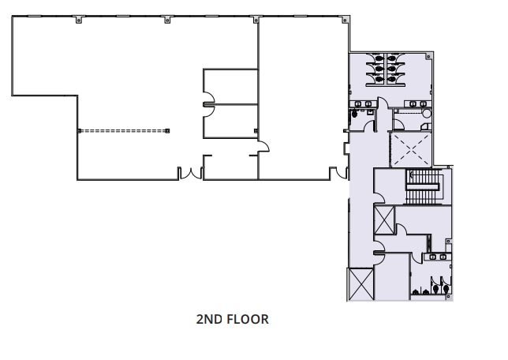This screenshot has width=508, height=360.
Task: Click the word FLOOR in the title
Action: (x=248, y=320)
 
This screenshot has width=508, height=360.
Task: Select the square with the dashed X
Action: (x=409, y=148)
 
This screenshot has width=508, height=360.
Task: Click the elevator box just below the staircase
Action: (x=384, y=217)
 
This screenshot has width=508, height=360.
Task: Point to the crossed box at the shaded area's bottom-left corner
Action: (x=360, y=284)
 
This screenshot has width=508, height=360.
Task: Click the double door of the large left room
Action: (x=189, y=174)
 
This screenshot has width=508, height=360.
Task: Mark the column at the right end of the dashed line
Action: (x=167, y=130)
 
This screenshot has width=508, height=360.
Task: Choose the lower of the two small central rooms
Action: (x=230, y=121)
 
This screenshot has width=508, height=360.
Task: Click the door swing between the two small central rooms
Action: (x=209, y=103)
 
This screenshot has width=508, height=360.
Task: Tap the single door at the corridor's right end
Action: (x=266, y=146)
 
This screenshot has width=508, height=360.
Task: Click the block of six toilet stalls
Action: (x=387, y=68)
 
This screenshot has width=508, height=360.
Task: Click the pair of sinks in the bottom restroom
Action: (x=436, y=257)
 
